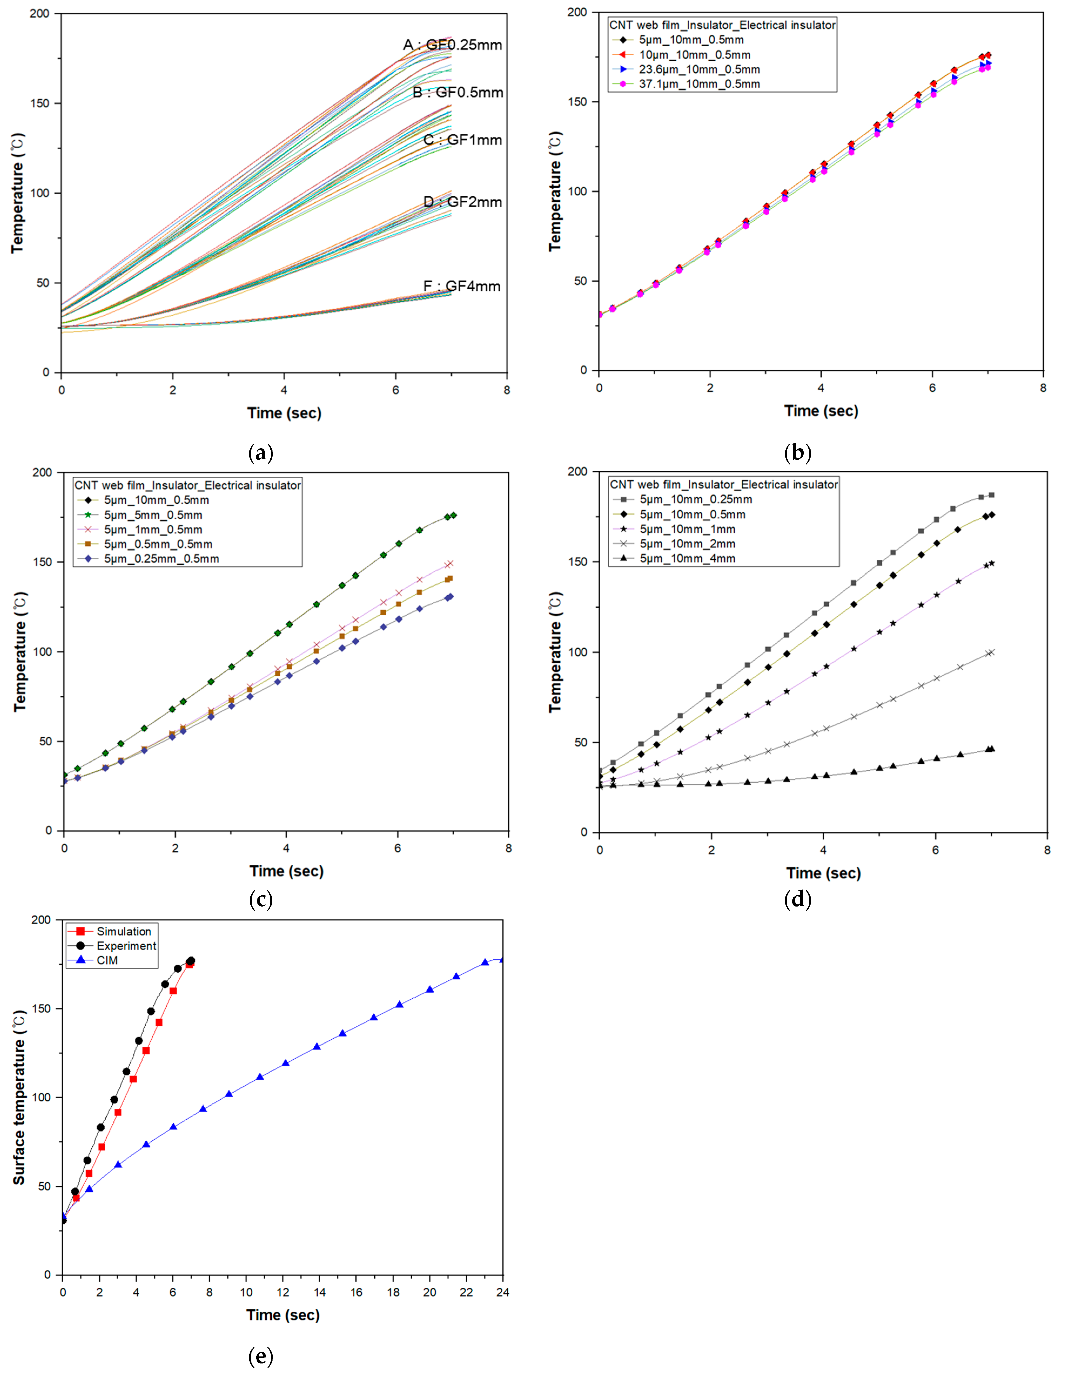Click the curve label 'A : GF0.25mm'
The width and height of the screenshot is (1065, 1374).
(x=452, y=45)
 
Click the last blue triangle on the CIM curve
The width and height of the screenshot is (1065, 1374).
(x=501, y=959)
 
